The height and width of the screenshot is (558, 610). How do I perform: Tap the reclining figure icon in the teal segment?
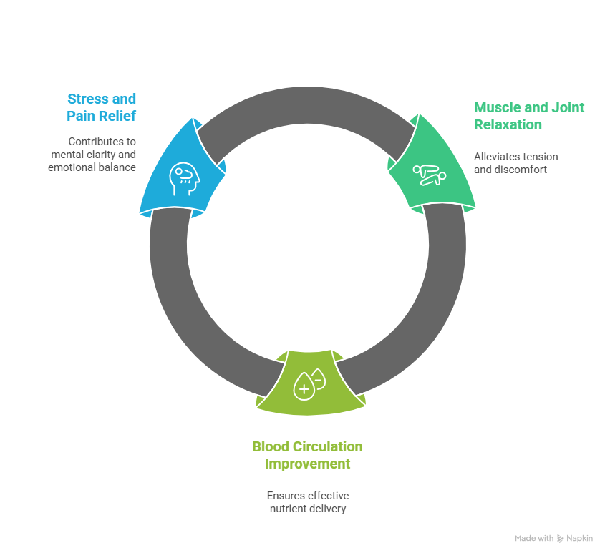click(x=429, y=175)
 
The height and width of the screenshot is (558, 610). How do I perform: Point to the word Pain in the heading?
click(x=83, y=116)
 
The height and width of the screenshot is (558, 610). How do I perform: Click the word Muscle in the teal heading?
click(x=500, y=108)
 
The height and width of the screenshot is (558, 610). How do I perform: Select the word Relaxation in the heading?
click(x=508, y=125)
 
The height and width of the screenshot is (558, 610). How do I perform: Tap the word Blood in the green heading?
click(x=271, y=447)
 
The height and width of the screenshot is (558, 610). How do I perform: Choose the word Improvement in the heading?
click(x=308, y=464)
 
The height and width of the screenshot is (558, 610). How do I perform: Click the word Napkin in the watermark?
click(x=581, y=538)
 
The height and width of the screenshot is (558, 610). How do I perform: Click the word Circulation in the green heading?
click(x=329, y=447)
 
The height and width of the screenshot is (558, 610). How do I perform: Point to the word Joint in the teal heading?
click(x=566, y=108)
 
